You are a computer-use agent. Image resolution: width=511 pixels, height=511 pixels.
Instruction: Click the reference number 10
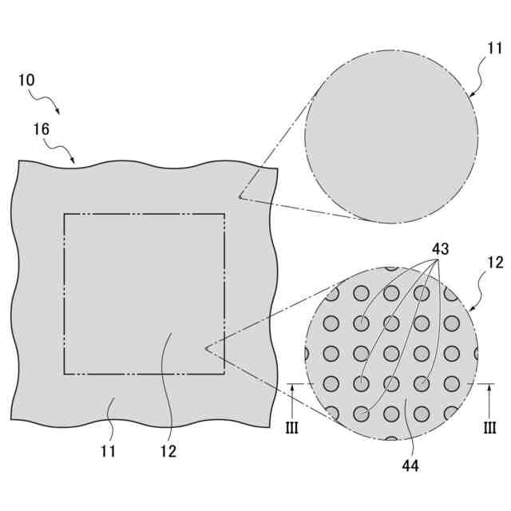26,81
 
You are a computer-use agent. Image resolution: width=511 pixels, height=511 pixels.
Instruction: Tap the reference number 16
42,128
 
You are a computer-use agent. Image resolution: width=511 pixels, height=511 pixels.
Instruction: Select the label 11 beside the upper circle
495,49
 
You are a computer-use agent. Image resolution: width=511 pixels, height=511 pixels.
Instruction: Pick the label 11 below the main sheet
109,451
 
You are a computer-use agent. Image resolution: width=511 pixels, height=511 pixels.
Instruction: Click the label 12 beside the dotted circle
495,262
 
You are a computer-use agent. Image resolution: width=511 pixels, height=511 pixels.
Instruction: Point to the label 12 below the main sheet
168,451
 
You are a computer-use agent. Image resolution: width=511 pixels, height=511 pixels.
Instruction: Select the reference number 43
440,249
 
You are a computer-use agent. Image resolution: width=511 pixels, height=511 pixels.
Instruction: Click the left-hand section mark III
291,428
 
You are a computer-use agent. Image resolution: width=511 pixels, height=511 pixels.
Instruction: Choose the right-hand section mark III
490,428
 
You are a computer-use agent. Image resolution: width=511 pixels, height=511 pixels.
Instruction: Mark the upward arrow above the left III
292,391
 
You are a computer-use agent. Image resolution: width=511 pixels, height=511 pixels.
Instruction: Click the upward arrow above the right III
490,391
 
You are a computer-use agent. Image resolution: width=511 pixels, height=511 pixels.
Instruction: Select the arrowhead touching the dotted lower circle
471,310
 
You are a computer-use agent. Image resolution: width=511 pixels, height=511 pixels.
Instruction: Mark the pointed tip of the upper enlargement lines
239,196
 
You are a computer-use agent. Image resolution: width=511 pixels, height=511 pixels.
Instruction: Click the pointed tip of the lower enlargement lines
206,348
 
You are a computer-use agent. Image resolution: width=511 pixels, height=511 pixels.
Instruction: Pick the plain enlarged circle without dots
391,136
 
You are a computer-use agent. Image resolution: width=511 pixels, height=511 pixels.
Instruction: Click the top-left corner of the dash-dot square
65,214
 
